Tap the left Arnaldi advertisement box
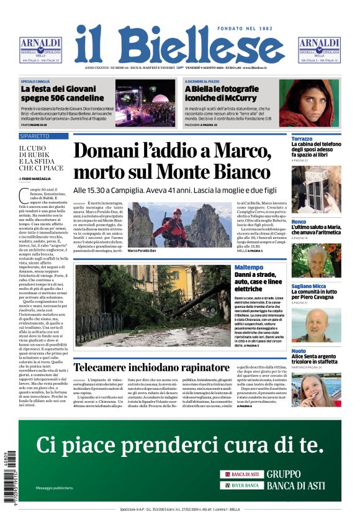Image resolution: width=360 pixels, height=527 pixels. [x=40, y=50]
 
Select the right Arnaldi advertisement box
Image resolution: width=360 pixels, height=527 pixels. [x=319, y=50]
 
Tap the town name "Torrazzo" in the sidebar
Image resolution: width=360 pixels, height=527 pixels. [x=302, y=138]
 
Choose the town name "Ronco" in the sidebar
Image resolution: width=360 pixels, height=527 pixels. [x=299, y=222]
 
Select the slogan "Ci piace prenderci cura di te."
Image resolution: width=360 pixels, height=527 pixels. [x=180, y=445]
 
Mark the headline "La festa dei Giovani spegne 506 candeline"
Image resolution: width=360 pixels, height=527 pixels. [x=59, y=93]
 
